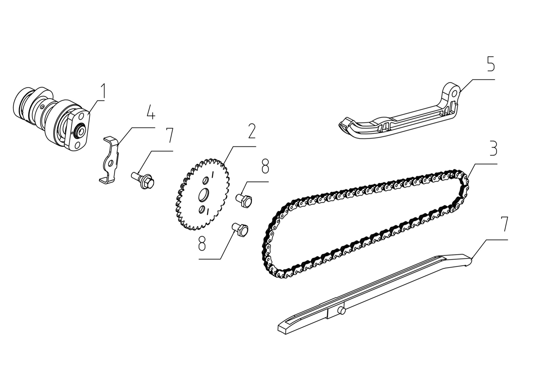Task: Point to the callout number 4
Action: tap(150, 112)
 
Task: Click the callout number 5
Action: tap(490, 64)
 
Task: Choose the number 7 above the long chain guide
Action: tap(504, 224)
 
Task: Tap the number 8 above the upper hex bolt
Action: tap(265, 166)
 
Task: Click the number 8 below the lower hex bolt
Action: tap(202, 243)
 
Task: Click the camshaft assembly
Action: tap(52, 118)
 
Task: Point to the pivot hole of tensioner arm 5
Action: tap(454, 93)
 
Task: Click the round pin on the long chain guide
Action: tap(341, 311)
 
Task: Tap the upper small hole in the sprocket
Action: tap(206, 181)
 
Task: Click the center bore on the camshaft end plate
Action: tap(80, 131)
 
